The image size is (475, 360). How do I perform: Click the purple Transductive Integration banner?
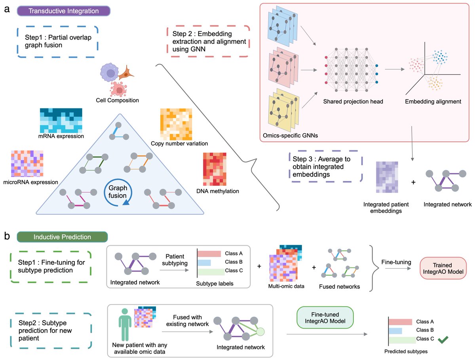coord(64,11)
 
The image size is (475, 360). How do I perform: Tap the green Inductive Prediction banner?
coord(62,237)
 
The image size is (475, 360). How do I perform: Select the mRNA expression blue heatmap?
coord(61,120)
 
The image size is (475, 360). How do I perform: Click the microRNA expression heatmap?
coord(27,164)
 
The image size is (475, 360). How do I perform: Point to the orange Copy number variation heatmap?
coord(176,124)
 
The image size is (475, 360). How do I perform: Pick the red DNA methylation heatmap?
coord(215,169)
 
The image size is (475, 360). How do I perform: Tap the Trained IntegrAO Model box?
coord(443,268)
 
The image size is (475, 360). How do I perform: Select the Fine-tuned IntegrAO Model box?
coord(325,317)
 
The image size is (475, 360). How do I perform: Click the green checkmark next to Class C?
coord(443,340)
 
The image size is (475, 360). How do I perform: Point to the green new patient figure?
coord(125,325)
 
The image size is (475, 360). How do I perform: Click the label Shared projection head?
coord(353,101)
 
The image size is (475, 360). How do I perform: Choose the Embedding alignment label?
coord(433,101)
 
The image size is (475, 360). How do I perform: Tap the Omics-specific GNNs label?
coord(290,136)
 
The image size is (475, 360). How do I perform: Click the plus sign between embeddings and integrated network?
coord(413,182)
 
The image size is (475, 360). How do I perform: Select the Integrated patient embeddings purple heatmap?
coord(387,177)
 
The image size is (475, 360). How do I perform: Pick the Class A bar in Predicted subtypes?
coord(400,322)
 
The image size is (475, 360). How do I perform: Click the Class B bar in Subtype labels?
coord(204,263)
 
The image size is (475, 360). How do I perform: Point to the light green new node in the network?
coord(260,332)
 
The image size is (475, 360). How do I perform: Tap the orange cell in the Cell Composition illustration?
coord(126,73)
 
